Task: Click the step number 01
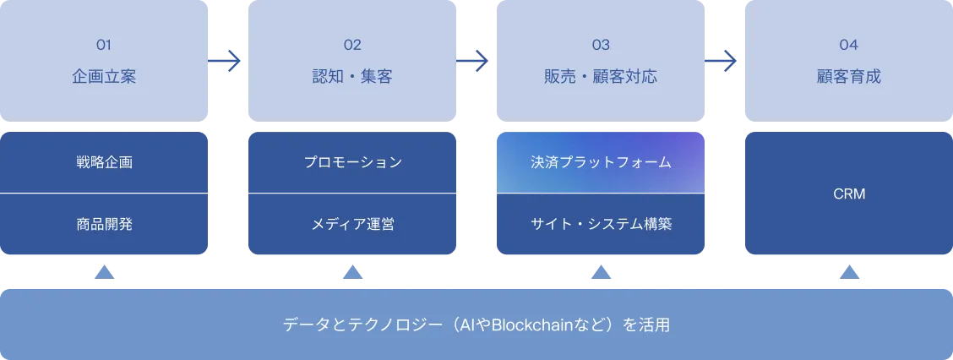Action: coord(104,45)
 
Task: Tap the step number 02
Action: coord(352,45)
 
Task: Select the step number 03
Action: coord(601,45)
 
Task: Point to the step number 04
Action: coord(849,45)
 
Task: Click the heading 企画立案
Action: coord(104,77)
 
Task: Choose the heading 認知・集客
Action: coord(352,77)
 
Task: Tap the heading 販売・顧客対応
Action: coord(601,77)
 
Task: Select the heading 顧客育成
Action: coord(849,77)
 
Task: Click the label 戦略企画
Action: coord(104,162)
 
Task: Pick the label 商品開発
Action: coord(104,224)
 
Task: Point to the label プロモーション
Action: coord(352,162)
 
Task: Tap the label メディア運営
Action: coord(352,224)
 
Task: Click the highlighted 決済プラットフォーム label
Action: coord(601,162)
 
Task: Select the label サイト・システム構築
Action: coord(601,224)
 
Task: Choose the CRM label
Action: coord(849,194)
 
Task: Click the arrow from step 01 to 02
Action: coord(226,61)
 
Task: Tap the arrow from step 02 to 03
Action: coord(474,61)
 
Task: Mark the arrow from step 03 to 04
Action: coord(722,61)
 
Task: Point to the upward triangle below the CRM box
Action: coord(849,274)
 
